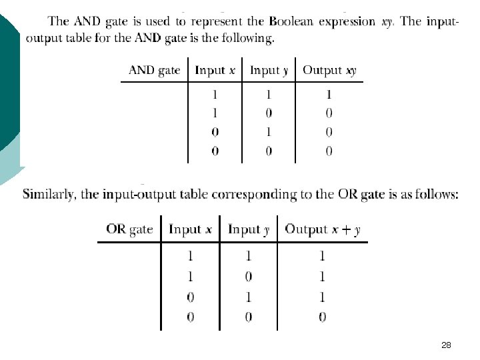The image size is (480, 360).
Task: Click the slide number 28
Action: coord(447,345)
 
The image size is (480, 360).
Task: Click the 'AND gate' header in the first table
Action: coord(154,70)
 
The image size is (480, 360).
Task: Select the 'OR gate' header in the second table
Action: coord(129,230)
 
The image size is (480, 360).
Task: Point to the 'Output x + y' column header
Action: coord(323,230)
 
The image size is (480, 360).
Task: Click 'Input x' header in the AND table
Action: coord(215,70)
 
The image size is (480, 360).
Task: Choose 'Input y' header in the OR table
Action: coord(249,230)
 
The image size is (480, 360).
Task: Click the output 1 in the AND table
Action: coord(329,95)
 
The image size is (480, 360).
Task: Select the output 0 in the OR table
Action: coord(322,317)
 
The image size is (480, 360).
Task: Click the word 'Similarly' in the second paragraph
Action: coord(51,195)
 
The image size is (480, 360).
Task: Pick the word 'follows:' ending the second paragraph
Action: coord(437,195)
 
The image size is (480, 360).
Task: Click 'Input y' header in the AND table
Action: coord(269,70)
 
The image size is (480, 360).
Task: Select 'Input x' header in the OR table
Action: coord(190,230)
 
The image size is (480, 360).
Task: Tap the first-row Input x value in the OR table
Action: coord(190,255)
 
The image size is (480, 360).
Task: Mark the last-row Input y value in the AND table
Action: coord(269,151)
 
